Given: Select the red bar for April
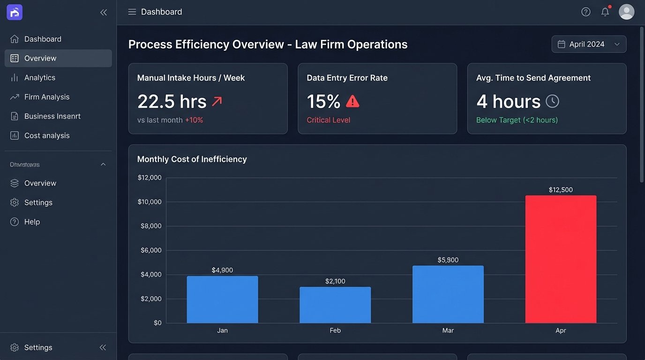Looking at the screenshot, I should pos(561,259).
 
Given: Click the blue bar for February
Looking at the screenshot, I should pos(335,305).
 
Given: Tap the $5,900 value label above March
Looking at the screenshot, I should pos(448,260).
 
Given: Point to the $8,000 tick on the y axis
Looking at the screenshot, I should pos(150,226).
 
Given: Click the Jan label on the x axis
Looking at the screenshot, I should pos(222,330).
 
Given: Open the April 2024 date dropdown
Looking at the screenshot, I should pos(589,44).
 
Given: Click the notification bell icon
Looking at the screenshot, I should pos(605,12).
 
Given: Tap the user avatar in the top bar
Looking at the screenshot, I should pos(626,12).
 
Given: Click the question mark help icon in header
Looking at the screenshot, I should pos(585,12).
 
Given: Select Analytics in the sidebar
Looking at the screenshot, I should pos(40,77).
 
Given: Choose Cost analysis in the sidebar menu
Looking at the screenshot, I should pos(47,135).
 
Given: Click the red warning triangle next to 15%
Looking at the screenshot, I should pos(352,101).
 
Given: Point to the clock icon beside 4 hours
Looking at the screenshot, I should pos(552,101).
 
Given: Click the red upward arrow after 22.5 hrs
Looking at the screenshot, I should pos(217,101).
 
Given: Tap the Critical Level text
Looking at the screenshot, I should pos(328,120).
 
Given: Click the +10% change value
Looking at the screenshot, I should pos(194,120).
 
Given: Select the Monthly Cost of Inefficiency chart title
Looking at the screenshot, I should pos(192,159).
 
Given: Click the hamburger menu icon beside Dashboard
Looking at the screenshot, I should pos(132,12).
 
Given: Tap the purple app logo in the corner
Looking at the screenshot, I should pos(15,13).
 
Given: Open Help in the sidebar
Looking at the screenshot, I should pos(32,222).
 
